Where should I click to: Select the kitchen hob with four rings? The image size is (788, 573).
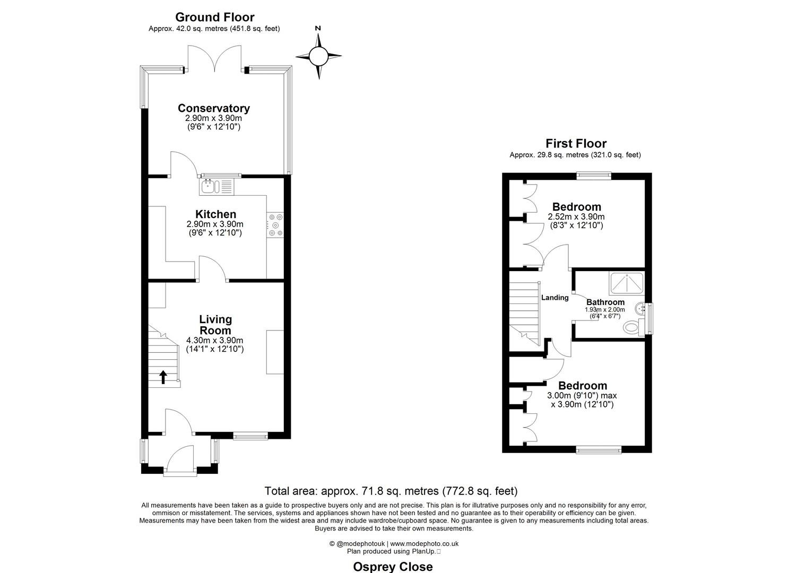pos(275,224)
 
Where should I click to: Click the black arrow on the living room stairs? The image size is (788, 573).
pos(163,377)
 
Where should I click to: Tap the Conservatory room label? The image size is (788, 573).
pos(213,108)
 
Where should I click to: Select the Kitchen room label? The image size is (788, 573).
pos(215,214)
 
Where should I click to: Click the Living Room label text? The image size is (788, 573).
pos(215,325)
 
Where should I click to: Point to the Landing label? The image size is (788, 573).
pos(555,298)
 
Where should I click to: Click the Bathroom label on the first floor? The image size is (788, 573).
pos(605,302)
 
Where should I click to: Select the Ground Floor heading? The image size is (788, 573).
pos(214,18)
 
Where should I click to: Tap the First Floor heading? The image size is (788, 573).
pos(576,143)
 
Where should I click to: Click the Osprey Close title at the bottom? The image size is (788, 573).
pos(393,567)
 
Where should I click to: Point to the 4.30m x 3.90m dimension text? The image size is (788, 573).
pos(215,341)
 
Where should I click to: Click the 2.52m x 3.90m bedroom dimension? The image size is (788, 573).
pos(576,216)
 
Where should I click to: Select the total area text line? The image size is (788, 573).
pos(391,491)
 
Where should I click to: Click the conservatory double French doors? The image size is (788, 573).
pos(214,59)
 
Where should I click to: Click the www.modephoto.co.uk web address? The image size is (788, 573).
pos(424,544)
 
